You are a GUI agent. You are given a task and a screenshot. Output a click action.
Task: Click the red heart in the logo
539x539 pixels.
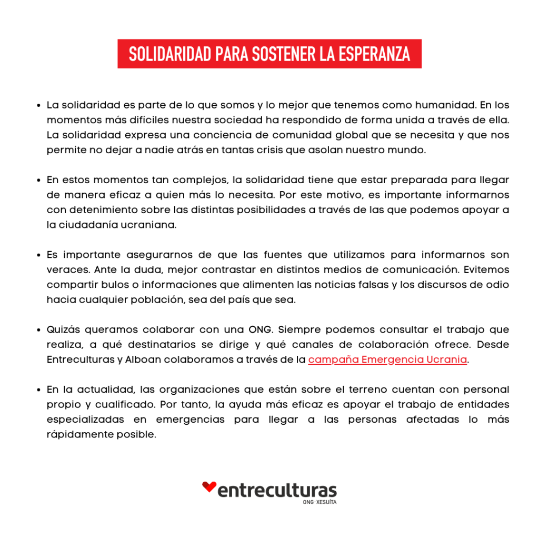click(209, 487)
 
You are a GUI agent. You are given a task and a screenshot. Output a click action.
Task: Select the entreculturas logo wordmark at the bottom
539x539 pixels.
click(277, 491)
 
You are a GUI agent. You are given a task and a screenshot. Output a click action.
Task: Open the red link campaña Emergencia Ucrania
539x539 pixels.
click(387, 360)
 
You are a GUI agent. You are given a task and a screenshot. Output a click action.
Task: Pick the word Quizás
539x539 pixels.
click(63, 330)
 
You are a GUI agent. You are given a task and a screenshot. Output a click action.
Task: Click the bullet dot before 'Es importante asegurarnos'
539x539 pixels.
click(39, 255)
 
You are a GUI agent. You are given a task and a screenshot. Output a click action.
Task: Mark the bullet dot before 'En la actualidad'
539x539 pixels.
click(39, 390)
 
